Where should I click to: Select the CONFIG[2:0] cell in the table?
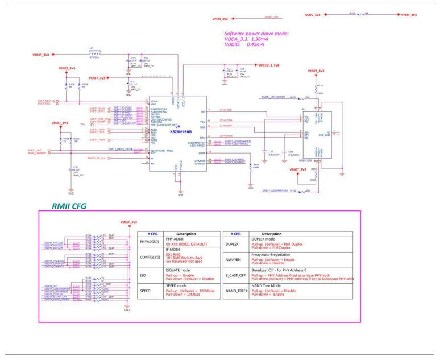pyautogui.click(x=149, y=258)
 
